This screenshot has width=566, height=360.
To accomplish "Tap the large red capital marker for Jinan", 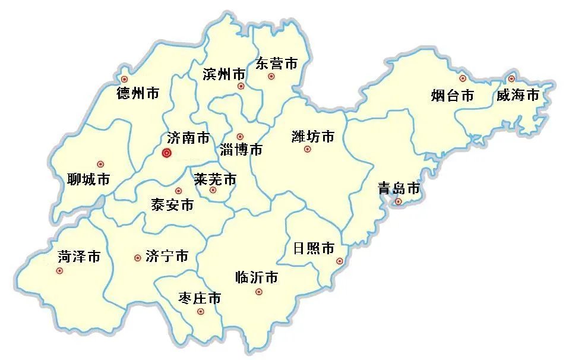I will [x=167, y=153].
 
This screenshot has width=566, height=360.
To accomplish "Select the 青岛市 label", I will [x=399, y=189].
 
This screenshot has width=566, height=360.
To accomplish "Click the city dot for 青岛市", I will [x=399, y=202].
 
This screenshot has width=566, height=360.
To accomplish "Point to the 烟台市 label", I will [x=452, y=95].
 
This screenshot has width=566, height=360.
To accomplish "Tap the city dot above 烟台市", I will [x=463, y=78].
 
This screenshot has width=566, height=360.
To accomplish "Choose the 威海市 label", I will [x=518, y=95].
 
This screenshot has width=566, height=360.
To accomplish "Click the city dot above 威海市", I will [x=511, y=78].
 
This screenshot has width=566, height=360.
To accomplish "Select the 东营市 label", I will [x=276, y=63].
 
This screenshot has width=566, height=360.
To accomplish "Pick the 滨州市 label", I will [x=224, y=74].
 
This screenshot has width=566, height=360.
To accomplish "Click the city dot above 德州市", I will [x=124, y=79].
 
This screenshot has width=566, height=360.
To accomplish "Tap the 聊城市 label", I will [x=88, y=179].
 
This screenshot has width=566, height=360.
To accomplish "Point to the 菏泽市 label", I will [x=79, y=257].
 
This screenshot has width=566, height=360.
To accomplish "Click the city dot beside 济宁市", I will [x=138, y=258].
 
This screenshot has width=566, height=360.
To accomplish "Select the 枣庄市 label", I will [x=200, y=298].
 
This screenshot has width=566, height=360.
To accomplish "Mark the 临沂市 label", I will [x=257, y=277].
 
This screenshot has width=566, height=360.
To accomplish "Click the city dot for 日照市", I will [x=340, y=261].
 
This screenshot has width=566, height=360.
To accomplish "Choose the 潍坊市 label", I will [x=313, y=137].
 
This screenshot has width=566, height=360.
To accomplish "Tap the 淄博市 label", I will [x=241, y=150].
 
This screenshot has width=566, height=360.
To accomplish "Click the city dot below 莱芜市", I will [x=213, y=190].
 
